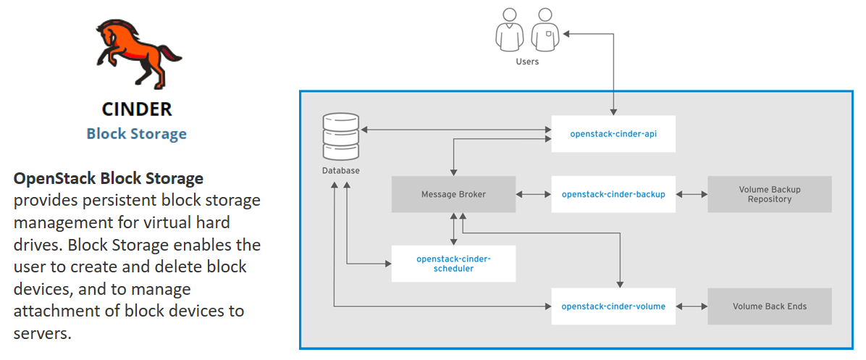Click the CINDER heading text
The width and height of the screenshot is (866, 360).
point(137,109)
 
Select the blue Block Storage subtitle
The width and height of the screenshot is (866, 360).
point(137,134)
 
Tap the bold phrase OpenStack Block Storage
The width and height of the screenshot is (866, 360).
point(109,178)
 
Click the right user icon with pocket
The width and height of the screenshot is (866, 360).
point(545,30)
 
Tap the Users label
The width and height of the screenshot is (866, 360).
point(527,62)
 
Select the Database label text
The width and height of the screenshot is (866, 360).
point(340,171)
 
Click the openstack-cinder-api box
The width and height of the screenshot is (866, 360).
point(613,134)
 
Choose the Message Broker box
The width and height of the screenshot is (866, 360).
point(453,194)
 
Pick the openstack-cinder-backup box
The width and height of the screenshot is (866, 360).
point(613,194)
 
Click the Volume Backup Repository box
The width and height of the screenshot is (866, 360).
point(770,194)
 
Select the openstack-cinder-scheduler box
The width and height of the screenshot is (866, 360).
point(453,264)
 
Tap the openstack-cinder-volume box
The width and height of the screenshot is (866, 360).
point(613,306)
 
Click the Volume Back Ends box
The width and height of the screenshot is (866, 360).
point(770,306)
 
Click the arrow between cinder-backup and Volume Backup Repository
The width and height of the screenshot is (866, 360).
point(691,194)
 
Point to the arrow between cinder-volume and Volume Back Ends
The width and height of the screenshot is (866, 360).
point(691,306)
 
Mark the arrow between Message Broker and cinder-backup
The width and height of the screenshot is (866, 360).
point(534,194)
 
